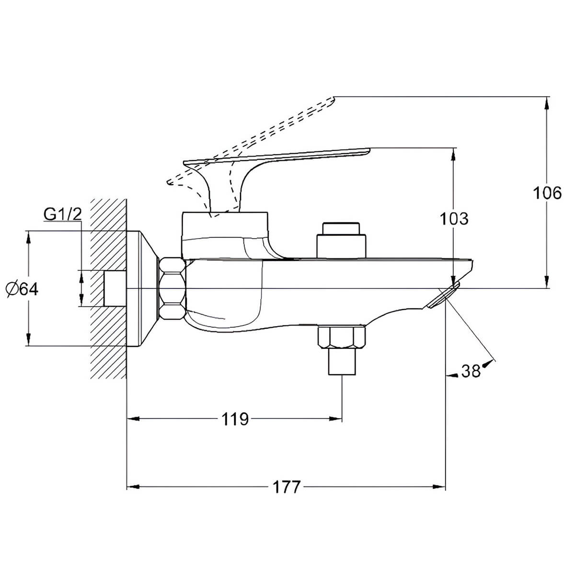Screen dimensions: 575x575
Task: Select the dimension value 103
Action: (x=454, y=218)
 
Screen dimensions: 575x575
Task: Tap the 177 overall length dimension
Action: (x=286, y=487)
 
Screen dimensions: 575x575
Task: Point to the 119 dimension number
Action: (x=235, y=419)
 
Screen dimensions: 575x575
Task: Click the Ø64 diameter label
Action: (x=22, y=289)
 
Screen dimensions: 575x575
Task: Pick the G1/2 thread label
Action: (x=63, y=214)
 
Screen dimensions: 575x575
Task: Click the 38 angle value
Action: (x=471, y=371)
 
